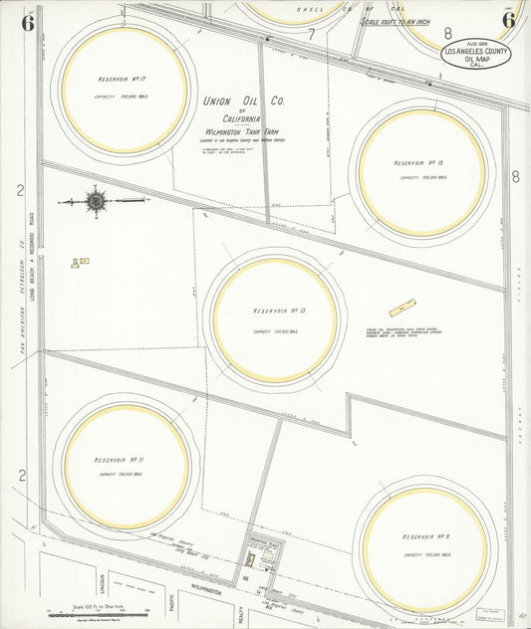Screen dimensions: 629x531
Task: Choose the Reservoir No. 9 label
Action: [428, 537]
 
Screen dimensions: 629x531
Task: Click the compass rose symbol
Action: [96, 201]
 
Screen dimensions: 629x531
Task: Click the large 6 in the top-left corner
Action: [27, 22]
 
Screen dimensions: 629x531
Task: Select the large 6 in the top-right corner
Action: [508, 20]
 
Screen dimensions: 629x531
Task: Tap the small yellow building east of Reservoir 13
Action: [402, 308]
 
